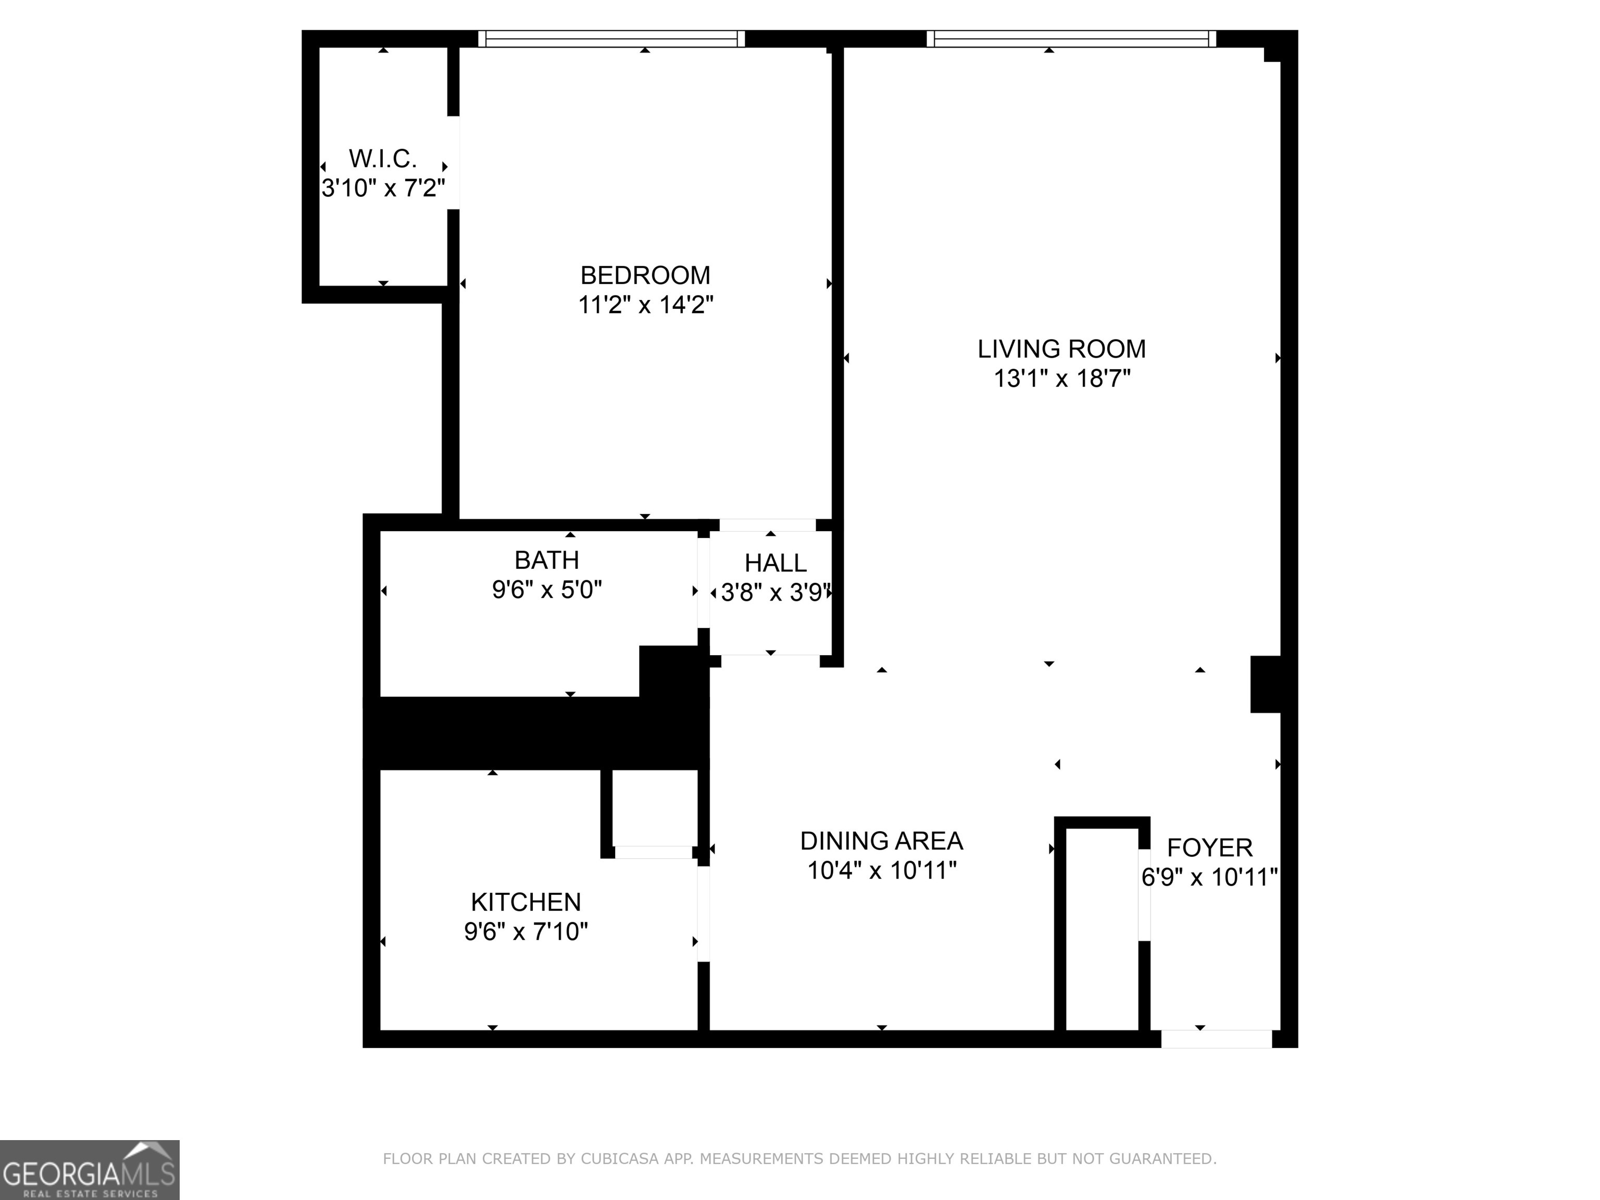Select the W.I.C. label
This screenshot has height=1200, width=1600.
tap(383, 158)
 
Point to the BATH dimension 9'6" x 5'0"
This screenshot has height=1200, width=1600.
tap(547, 590)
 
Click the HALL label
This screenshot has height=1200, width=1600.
tap(776, 562)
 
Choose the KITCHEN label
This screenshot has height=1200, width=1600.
tap(526, 902)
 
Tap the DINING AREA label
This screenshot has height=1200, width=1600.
tap(881, 841)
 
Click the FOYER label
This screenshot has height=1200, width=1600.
tap(1209, 847)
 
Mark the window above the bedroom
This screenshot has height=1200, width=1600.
tap(611, 39)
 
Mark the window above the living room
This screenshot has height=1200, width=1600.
tap(1071, 39)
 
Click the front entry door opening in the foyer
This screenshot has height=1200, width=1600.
tap(1217, 1039)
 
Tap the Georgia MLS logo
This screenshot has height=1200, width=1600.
tap(89, 1170)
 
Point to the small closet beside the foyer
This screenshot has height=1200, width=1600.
tap(1102, 930)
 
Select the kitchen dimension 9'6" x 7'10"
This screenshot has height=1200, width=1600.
tap(526, 932)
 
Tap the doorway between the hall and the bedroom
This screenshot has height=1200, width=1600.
tap(768, 525)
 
